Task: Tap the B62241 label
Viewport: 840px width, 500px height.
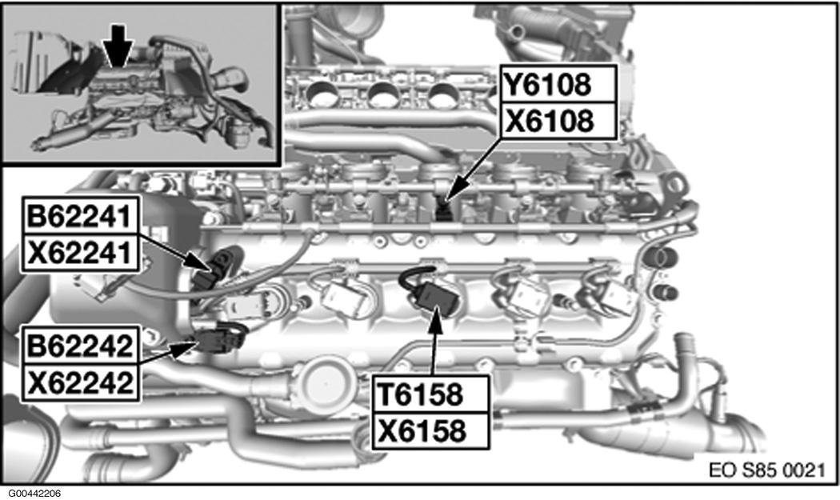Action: (80, 216)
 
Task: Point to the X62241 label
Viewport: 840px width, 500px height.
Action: (80, 253)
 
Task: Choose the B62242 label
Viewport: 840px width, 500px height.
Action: (80, 346)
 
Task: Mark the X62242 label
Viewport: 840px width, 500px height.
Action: (80, 382)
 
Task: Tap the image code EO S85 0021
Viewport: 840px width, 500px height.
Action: (766, 470)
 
